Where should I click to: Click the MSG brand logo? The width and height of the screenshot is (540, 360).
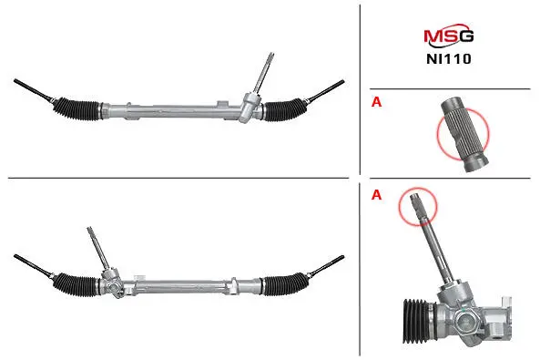(x=448, y=36)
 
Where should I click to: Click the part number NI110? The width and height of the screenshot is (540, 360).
(x=448, y=58)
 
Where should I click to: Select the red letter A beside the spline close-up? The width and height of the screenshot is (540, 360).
(x=376, y=102)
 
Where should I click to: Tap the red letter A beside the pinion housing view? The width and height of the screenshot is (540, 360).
(x=376, y=195)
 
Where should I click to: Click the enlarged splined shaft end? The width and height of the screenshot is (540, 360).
(x=464, y=135)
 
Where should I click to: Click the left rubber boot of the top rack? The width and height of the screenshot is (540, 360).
(x=76, y=109)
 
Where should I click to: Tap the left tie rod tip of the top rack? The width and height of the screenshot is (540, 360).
(x=15, y=81)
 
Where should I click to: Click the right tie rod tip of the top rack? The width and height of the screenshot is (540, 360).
(x=342, y=81)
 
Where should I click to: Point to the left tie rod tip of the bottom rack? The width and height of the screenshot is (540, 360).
(x=15, y=256)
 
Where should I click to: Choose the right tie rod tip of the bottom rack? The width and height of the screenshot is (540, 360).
(x=342, y=257)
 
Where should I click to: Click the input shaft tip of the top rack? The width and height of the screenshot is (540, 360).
(x=271, y=54)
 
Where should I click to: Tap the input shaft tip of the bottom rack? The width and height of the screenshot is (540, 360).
(x=89, y=229)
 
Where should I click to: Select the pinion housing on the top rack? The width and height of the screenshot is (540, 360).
(x=250, y=107)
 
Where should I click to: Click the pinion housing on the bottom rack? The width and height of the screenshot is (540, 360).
(x=112, y=283)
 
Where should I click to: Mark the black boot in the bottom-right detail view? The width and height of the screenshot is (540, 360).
(x=416, y=321)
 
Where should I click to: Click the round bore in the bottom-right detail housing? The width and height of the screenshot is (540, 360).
(x=465, y=323)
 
